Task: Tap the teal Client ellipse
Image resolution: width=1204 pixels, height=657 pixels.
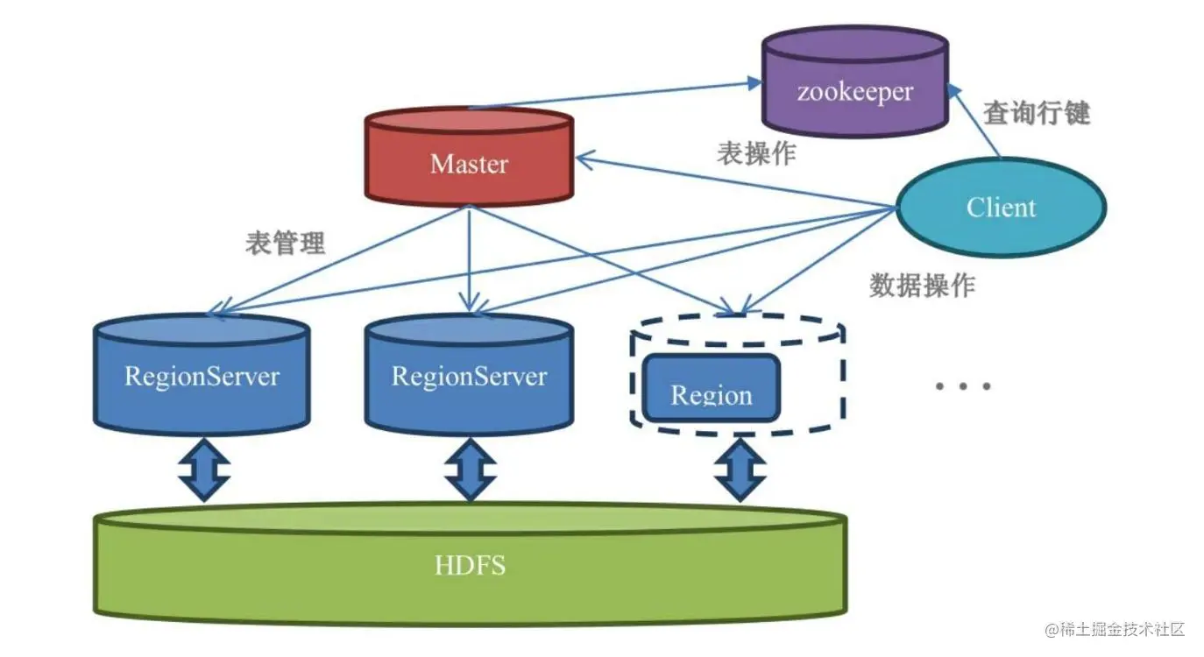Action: click(1001, 208)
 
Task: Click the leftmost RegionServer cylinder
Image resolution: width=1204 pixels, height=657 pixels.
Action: click(202, 375)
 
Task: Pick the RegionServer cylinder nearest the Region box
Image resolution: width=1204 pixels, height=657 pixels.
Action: click(469, 375)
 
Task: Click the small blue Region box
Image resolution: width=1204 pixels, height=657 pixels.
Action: click(711, 389)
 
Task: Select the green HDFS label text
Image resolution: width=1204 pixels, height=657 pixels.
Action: click(470, 565)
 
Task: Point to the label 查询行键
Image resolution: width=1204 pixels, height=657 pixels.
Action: click(1036, 112)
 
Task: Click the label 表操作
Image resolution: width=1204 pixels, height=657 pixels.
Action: click(756, 152)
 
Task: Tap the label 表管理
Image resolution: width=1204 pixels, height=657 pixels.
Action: click(286, 243)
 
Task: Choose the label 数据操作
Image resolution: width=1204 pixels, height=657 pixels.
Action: click(922, 285)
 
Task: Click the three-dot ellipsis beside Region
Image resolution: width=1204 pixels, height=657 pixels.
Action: click(962, 385)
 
